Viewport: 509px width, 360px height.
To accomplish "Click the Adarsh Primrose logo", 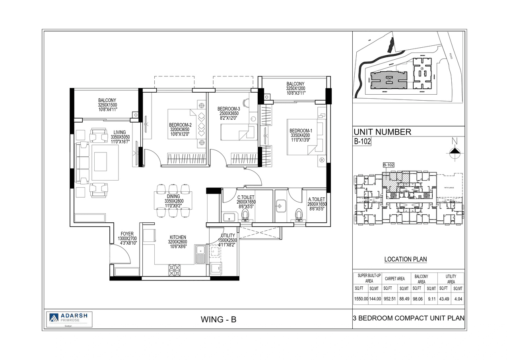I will click(x=69, y=318).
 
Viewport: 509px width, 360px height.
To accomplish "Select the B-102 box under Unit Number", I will click(x=362, y=142).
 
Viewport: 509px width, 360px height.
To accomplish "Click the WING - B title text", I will click(x=218, y=319).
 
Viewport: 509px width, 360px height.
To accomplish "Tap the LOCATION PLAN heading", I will click(x=405, y=259).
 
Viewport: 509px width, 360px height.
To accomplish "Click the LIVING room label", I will click(x=119, y=132).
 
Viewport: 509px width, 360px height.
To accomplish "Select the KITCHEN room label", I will click(x=177, y=237).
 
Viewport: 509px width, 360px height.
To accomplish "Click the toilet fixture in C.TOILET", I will click(x=245, y=215).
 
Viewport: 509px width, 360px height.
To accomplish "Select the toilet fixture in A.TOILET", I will click(x=298, y=215).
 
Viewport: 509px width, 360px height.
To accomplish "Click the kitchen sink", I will click(x=200, y=251).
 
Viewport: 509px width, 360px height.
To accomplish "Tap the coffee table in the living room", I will click(x=105, y=163).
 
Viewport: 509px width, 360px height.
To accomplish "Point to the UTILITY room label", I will click(x=228, y=235).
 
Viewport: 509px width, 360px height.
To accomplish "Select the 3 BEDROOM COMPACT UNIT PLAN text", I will click(x=408, y=318).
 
